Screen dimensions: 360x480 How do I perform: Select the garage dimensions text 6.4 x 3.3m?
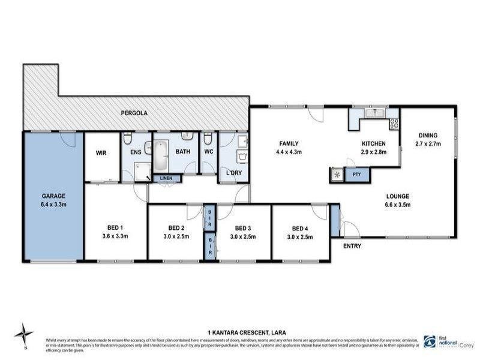(x=53, y=204)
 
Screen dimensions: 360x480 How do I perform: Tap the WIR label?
(x=101, y=152)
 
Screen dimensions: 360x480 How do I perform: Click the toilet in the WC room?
(x=208, y=140)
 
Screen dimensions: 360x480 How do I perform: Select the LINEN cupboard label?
(x=166, y=178)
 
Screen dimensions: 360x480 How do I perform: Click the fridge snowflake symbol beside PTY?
(x=336, y=175)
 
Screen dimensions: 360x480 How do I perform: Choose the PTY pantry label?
(x=356, y=175)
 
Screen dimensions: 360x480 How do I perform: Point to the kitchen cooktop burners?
(x=394, y=124)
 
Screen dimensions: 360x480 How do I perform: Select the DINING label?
(x=428, y=136)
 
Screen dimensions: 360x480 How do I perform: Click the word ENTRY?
(x=352, y=247)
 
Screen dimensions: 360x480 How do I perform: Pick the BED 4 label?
(x=301, y=228)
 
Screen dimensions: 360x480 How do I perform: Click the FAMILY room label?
(x=288, y=143)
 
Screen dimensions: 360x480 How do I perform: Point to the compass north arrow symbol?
(x=23, y=334)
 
